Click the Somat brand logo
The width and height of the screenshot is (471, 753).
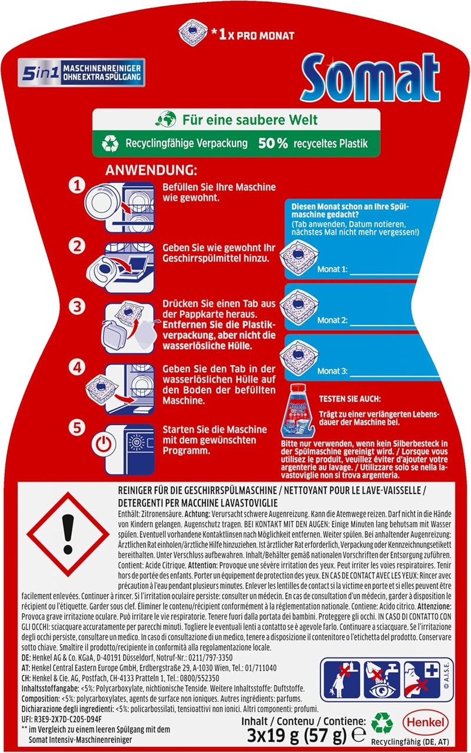370,77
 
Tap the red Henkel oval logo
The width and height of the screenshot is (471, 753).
425,722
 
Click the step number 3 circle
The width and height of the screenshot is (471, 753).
77,307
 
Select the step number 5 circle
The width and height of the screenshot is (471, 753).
77,428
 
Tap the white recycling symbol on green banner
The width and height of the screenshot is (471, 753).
110,143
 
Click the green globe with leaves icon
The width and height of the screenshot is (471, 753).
166,119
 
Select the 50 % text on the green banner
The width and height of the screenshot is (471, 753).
273,143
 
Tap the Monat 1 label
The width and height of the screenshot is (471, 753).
333,269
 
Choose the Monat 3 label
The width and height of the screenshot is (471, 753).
333,371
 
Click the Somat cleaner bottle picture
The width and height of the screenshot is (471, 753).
298,411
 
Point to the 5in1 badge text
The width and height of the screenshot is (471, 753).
40,73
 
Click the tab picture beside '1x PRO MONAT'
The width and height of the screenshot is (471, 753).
193,32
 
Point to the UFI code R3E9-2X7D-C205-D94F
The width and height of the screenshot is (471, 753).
61,719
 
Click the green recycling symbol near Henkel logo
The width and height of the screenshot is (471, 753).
382,722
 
